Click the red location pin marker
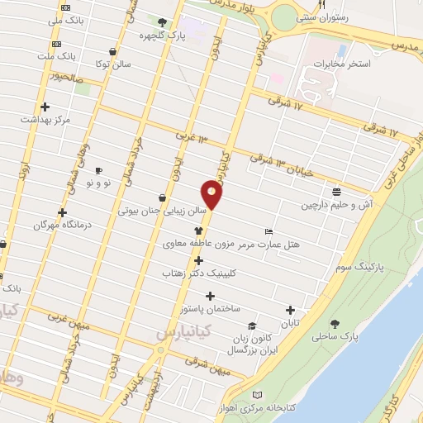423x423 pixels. [213, 194]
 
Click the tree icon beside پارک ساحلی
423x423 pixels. [335, 323]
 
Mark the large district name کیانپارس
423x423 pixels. [183, 331]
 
